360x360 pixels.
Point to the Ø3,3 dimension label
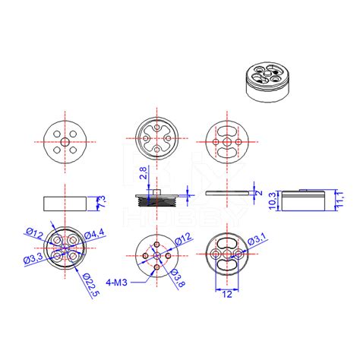point(33,261)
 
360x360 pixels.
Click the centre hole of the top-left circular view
point(65,141)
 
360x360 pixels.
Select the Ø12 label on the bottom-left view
point(33,232)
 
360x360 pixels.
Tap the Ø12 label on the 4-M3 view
point(182,240)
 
